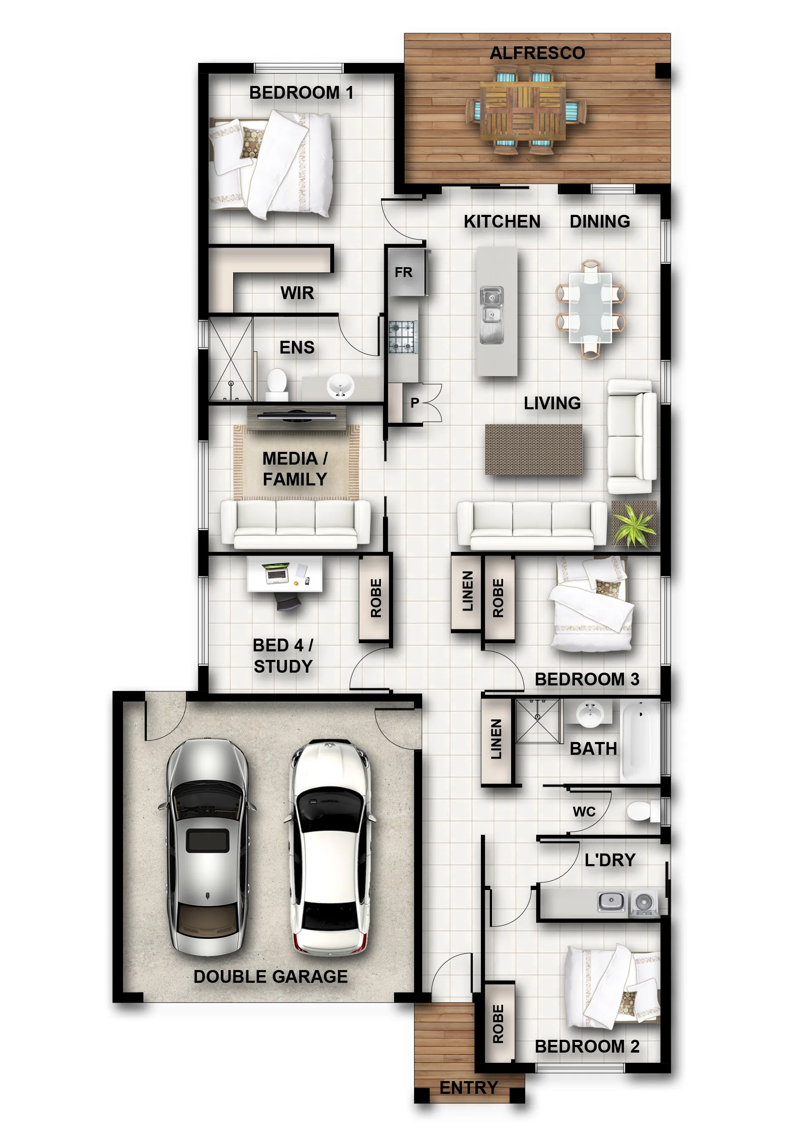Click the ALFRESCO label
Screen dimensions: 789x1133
click(537, 53)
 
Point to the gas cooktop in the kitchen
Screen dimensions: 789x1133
click(403, 337)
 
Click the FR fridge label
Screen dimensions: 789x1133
click(403, 272)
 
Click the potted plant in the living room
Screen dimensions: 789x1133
click(634, 524)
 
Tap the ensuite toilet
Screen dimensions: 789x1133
click(277, 385)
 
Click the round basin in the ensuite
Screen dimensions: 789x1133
click(340, 386)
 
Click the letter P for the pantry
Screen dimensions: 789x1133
click(415, 402)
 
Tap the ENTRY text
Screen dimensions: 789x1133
click(468, 1087)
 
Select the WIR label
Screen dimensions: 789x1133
click(297, 293)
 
